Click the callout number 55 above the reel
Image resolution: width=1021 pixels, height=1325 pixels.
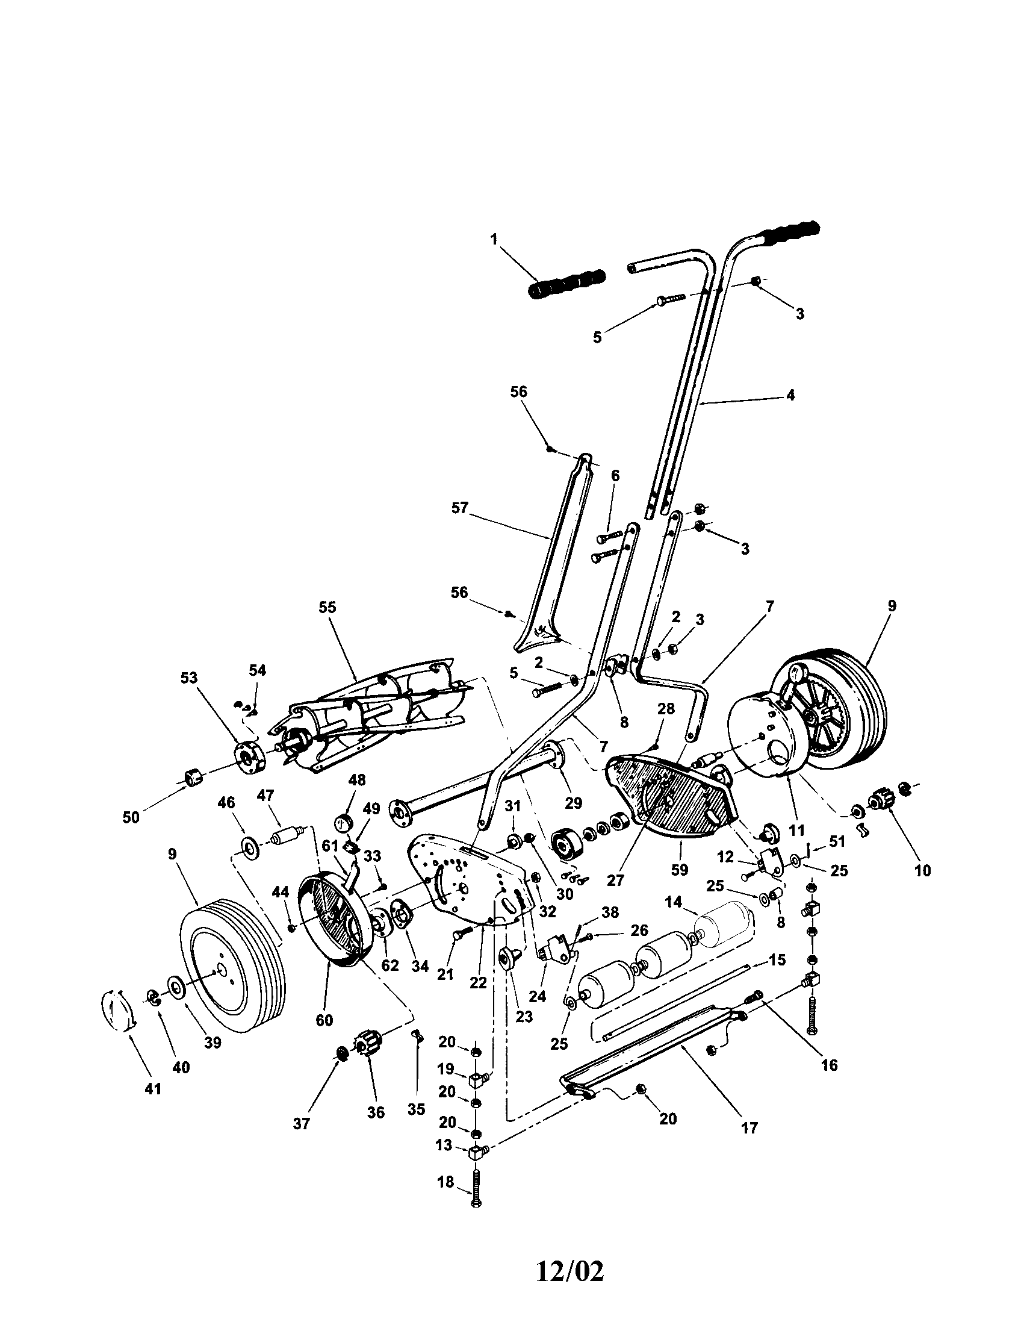coord(327,607)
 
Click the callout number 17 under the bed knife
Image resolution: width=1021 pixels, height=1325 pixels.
coord(749,1128)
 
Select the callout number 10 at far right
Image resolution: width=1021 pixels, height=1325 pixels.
coord(922,871)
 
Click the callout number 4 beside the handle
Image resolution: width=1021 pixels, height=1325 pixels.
coord(790,394)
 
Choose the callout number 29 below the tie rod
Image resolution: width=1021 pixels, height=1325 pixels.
coord(573,803)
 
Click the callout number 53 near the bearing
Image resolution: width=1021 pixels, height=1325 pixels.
coord(189,678)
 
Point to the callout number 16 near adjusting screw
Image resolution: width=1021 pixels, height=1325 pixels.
coord(829,1065)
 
